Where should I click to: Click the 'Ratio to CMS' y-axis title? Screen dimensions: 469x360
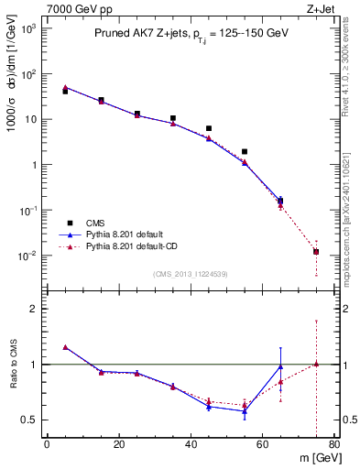tap(14, 365)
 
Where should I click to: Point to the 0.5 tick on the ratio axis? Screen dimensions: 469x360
tap(29, 420)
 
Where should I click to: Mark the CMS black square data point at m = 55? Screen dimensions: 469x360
tap(245, 152)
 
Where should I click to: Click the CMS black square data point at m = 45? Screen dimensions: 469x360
tap(209, 129)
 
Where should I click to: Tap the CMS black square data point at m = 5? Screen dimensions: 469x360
tap(65, 92)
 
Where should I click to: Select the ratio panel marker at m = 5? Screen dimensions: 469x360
tap(65, 347)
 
